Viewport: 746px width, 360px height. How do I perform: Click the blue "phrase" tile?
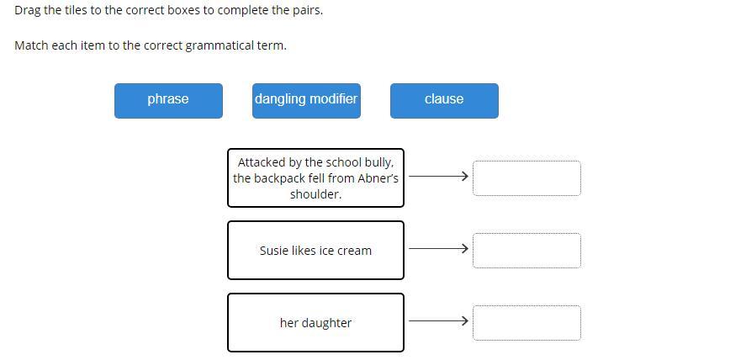pos(168,100)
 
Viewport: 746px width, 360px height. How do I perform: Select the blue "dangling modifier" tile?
pos(306,100)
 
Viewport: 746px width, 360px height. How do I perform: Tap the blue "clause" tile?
pos(444,100)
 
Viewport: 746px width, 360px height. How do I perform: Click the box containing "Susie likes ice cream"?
pos(315,250)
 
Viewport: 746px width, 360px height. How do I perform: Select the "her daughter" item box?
pos(315,322)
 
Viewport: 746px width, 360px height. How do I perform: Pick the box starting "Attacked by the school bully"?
pos(315,177)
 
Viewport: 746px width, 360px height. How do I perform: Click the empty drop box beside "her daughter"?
pos(526,323)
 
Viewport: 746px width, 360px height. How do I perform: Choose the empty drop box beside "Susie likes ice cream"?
pos(526,251)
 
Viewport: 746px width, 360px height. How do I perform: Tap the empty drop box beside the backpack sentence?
pos(526,178)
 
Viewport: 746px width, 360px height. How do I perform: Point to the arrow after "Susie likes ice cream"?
pos(438,249)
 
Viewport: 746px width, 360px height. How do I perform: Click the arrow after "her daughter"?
pos(438,320)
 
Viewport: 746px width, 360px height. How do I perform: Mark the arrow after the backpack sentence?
pos(438,177)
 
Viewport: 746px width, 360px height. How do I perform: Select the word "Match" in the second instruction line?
pos(31,45)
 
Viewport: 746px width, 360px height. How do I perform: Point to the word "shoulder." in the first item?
pos(315,194)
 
